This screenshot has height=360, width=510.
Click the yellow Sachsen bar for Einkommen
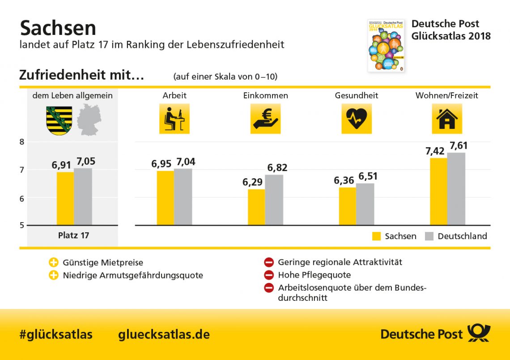click(256, 207)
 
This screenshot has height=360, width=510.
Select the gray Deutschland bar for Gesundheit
click(365, 204)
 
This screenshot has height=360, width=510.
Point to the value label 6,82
click(277, 168)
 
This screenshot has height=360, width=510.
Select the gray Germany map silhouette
click(89, 120)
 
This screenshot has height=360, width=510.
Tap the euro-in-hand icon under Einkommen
click(265, 119)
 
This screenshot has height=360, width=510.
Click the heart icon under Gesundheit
click(357, 119)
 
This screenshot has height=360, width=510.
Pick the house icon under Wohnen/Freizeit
click(446, 119)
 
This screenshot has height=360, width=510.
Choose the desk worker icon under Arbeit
click(174, 119)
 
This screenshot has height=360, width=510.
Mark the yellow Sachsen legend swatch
click(377, 236)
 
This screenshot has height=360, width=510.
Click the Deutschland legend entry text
click(462, 236)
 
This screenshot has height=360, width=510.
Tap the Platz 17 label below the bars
click(73, 235)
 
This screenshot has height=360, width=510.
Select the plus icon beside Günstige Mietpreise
click(54, 262)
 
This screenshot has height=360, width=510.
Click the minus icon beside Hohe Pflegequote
click(268, 275)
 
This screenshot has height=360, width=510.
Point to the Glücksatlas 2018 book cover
click(386, 45)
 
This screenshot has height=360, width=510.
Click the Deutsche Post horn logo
click(479, 334)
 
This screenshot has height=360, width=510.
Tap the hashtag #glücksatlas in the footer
click(56, 334)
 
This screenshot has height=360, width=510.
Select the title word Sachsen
click(58, 28)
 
